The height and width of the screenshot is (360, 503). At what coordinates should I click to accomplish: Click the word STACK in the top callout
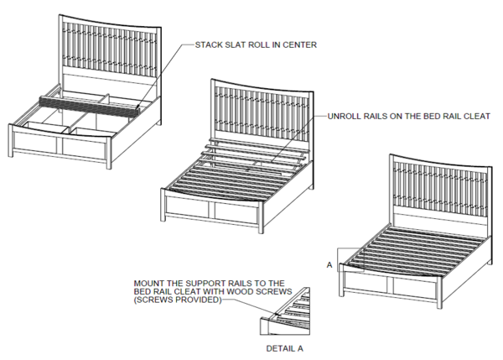(208, 44)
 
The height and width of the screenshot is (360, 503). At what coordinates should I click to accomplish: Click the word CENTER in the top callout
(301, 44)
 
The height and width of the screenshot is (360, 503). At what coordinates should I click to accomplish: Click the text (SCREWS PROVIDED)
(177, 300)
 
